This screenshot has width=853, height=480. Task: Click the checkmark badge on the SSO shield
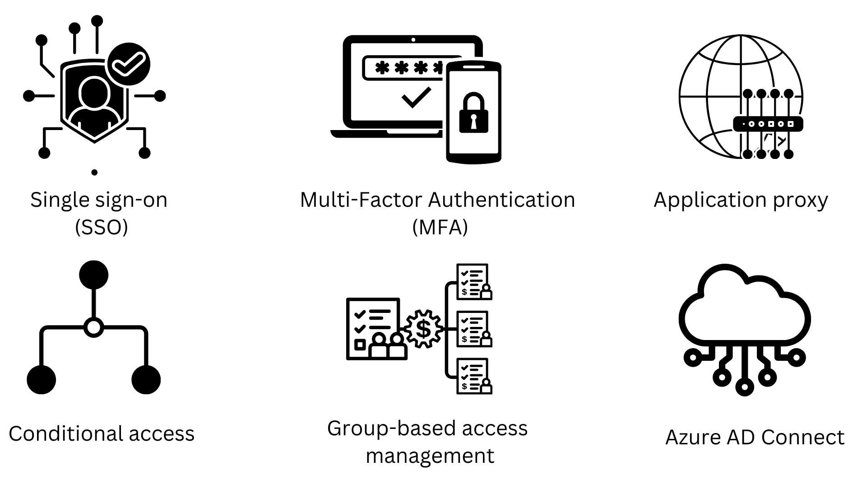[129, 64]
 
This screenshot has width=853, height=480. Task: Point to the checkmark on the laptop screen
[416, 98]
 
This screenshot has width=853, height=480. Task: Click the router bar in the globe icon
[768, 124]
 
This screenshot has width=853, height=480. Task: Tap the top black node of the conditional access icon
[94, 275]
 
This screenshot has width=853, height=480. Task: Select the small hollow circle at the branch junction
[94, 327]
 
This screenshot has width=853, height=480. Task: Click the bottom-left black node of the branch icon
[42, 380]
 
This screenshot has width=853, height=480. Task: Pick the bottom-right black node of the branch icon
[146, 380]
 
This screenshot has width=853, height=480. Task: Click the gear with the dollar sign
[423, 328]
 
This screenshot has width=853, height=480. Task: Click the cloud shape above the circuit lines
[745, 307]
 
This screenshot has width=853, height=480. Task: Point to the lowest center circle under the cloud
[744, 387]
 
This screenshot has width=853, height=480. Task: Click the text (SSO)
[102, 227]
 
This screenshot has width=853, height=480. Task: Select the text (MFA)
[440, 227]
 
